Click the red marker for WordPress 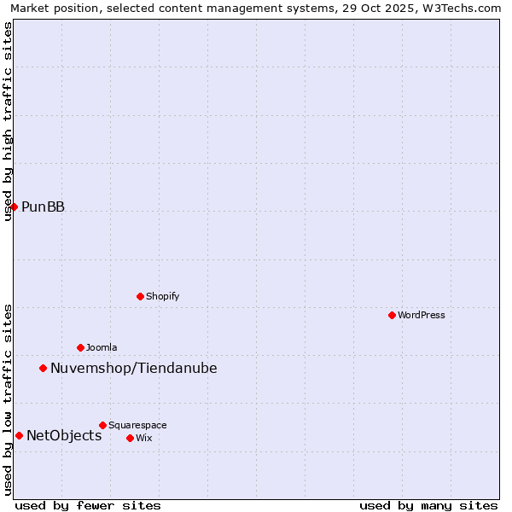coord(392,315)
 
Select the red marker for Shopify coord(140,296)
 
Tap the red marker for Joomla coord(80,347)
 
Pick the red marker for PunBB coord(14,207)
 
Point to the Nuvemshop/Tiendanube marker coord(43,368)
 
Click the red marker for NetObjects coord(19,435)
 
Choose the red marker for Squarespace coord(102,425)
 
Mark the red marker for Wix coord(130,438)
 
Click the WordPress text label coord(422,315)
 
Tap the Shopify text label coord(162,296)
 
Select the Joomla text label coord(102,347)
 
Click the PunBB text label coord(43,207)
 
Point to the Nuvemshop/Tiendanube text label coord(134,368)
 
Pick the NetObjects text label coord(64,435)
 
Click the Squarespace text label coord(137,425)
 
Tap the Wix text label coord(143,438)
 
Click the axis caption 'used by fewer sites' coord(88,505)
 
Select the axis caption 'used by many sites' coord(428,505)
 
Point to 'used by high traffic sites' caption coord(9,121)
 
